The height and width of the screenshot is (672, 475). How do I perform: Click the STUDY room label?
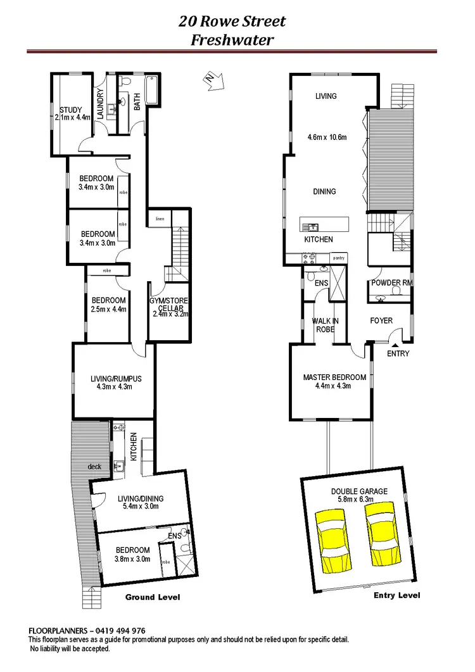tap(71, 110)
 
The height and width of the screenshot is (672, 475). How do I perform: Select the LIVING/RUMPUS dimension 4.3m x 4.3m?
tap(115, 387)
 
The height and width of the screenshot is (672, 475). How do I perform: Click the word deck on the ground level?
tap(95, 467)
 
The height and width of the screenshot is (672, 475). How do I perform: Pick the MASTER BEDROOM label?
tap(334, 377)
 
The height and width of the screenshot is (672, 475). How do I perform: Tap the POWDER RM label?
tap(391, 282)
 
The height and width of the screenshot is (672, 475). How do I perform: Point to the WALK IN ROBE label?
tap(326, 325)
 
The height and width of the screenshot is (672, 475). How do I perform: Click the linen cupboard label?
tap(160, 219)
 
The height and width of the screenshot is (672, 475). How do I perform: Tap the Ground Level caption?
tap(152, 597)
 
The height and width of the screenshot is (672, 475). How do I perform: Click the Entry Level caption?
tap(396, 595)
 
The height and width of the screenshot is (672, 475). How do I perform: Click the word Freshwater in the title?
tap(232, 39)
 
